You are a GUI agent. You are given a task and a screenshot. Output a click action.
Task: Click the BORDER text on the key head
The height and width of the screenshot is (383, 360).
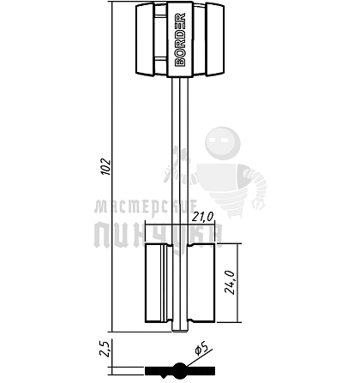click(x=180, y=39)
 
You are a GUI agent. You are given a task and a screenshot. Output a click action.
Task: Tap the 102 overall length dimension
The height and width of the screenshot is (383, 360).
click(x=106, y=166)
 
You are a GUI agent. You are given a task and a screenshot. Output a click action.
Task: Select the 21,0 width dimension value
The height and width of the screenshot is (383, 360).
click(x=202, y=218)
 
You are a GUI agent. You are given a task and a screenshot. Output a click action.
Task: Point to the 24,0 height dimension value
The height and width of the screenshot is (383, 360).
click(x=230, y=282)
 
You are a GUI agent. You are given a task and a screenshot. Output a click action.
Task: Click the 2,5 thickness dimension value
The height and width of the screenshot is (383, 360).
click(x=105, y=349)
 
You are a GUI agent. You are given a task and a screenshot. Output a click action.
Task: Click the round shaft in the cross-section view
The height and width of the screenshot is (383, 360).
click(x=180, y=370)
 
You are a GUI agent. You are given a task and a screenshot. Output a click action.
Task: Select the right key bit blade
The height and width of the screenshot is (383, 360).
click(x=201, y=283)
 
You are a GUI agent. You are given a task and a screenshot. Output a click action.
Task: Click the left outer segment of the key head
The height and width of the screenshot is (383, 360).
click(x=145, y=39)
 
